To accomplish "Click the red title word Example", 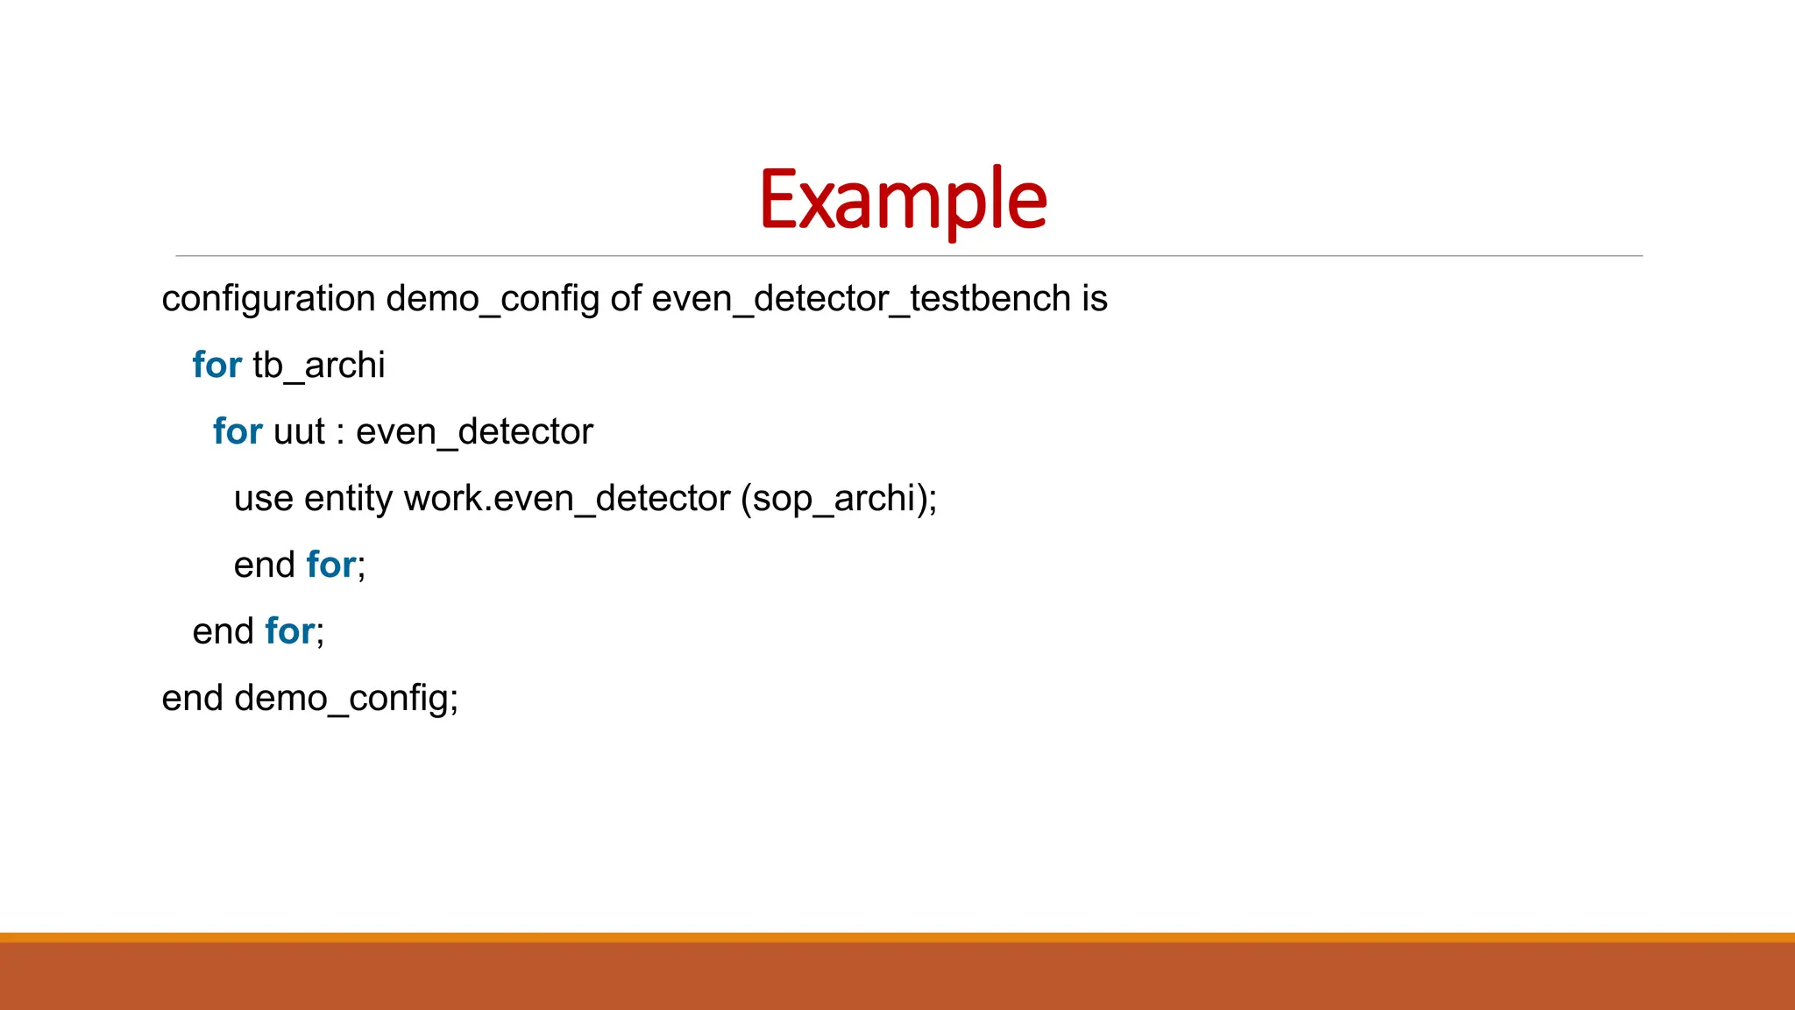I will [x=903, y=200].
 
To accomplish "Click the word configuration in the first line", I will [x=268, y=299].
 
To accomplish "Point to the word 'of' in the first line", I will [x=626, y=299].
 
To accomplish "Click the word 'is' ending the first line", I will [x=1095, y=299].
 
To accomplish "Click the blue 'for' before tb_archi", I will [x=216, y=365].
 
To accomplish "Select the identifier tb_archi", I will [x=319, y=365].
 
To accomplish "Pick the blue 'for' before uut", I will [x=238, y=431].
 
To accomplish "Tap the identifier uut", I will [x=299, y=432].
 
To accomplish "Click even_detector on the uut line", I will [x=474, y=432].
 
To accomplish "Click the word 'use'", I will [x=263, y=499].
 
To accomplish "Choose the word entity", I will [x=348, y=499].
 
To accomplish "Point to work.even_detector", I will [x=566, y=499].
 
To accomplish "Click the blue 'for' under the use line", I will [x=331, y=565].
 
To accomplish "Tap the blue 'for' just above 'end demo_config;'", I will [x=290, y=631].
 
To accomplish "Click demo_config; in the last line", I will [x=346, y=699].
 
